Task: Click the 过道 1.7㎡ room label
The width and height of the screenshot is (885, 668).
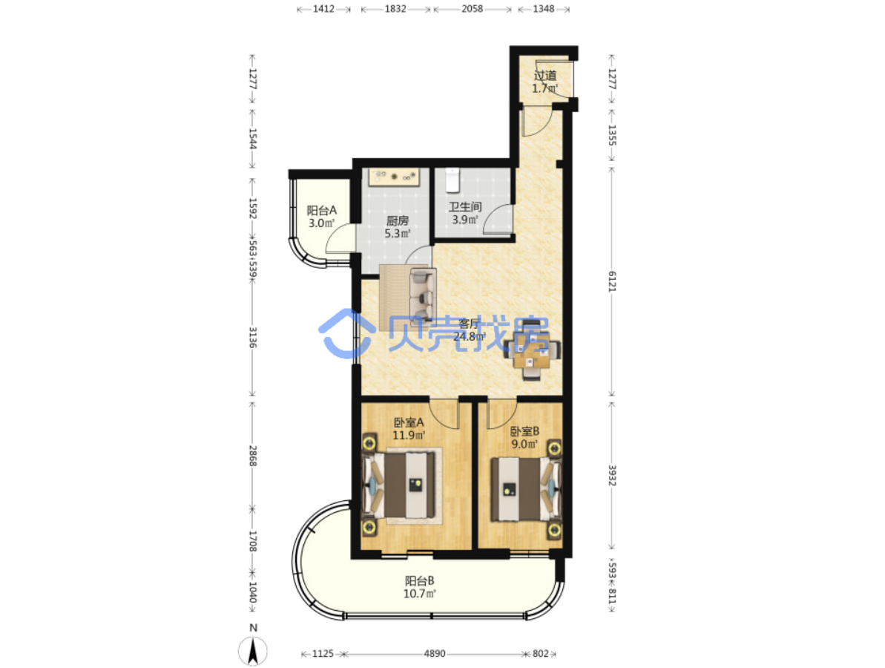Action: tap(545, 82)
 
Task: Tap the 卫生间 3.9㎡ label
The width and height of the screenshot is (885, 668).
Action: tap(465, 214)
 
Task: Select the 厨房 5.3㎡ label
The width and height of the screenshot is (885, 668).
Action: tap(398, 227)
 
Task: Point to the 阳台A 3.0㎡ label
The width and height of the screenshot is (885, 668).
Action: tap(322, 217)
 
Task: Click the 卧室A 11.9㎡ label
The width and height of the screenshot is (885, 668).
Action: tap(409, 428)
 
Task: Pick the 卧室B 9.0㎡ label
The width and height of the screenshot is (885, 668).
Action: tap(525, 438)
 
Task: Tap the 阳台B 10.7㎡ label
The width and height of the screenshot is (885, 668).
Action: tap(419, 587)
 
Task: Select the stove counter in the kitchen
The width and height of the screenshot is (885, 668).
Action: tap(394, 177)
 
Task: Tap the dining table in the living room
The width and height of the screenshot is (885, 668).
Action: tap(532, 350)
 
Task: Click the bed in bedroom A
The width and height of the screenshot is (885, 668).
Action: tap(401, 485)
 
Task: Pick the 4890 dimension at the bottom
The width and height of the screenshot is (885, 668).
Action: tap(435, 653)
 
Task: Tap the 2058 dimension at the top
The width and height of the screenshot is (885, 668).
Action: tap(473, 8)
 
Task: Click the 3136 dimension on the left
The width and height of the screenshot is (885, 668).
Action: tap(253, 337)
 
